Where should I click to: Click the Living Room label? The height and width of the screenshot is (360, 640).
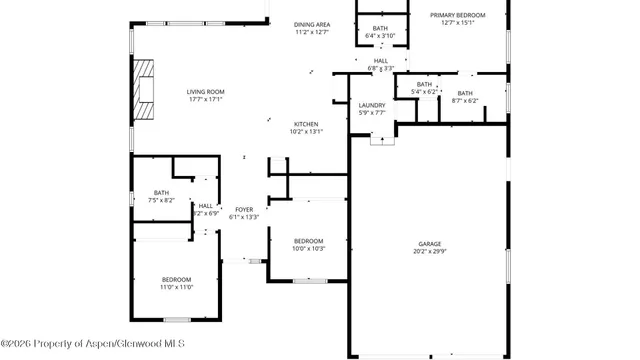point(205,93)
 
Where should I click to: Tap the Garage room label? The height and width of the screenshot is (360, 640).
point(429,244)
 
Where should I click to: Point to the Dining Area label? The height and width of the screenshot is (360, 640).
point(312,24)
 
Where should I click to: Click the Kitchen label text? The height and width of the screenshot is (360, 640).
point(306,123)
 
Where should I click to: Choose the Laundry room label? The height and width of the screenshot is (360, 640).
point(372,105)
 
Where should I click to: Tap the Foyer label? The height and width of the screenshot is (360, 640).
point(244,209)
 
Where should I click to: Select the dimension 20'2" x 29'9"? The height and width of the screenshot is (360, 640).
point(429,252)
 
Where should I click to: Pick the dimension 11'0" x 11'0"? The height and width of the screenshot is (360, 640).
point(177,287)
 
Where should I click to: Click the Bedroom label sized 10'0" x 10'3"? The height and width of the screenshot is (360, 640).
point(308,240)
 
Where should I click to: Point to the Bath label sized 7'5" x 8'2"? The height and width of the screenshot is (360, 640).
point(161,192)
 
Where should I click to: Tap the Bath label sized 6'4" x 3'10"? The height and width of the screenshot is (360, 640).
point(380,28)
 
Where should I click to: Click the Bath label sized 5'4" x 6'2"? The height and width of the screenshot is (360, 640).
point(424,84)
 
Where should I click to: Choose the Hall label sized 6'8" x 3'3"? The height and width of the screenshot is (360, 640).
point(381,60)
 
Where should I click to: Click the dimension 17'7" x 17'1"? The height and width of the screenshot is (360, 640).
point(205,100)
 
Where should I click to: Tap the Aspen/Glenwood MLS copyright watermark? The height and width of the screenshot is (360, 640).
point(92,345)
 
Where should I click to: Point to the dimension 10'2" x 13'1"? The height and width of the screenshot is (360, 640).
point(306,131)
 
